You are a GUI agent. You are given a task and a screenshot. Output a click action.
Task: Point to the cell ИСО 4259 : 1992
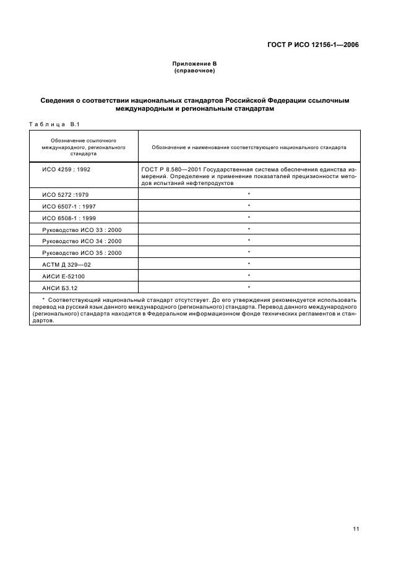tap(64, 168)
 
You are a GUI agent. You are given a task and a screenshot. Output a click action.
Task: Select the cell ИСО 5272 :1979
tap(66, 194)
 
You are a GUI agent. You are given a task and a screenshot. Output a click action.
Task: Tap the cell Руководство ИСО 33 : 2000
tap(82, 229)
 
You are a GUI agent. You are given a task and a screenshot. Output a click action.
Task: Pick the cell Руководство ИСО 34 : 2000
tap(82, 241)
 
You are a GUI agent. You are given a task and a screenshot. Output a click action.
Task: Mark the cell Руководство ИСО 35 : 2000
tap(82, 253)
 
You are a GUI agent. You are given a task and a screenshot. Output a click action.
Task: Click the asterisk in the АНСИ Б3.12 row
tap(249, 288)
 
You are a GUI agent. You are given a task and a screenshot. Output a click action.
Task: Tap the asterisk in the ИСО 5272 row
tap(249, 194)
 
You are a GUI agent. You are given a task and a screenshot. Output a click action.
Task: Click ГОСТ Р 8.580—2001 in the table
tap(168, 168)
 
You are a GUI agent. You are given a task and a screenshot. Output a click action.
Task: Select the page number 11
tap(355, 529)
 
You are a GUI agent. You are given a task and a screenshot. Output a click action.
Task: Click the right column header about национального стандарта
tap(249, 148)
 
